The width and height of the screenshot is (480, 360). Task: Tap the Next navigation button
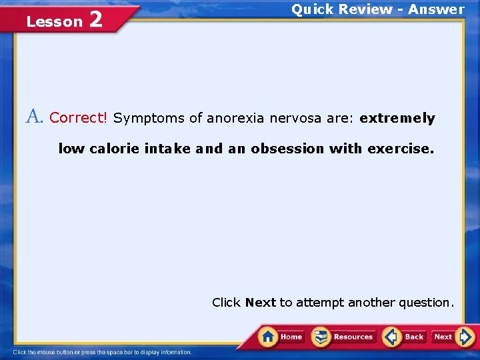tap(452, 337)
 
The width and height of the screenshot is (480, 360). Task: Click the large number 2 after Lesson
tap(95, 20)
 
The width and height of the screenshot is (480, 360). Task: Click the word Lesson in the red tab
tap(54, 22)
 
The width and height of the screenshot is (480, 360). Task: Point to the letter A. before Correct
tap(35, 117)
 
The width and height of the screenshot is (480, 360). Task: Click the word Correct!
tap(78, 118)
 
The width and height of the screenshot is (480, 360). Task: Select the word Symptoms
tap(149, 119)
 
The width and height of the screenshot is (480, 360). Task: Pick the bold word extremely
tap(397, 119)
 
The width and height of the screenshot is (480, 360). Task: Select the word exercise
tap(398, 149)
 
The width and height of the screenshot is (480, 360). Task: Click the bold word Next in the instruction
tap(260, 303)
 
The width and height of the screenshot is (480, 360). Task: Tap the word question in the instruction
tap(425, 303)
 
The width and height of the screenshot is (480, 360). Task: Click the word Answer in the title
tap(436, 9)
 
